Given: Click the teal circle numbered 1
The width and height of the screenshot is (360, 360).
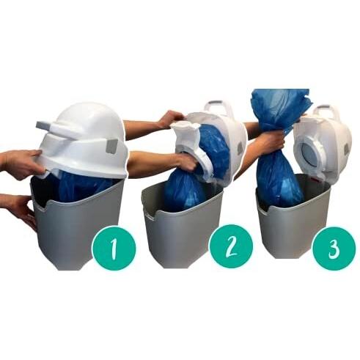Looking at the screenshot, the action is [114, 248].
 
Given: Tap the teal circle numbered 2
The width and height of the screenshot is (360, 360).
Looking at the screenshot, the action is [232, 246].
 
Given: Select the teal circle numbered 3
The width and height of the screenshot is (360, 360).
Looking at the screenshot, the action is [334, 249].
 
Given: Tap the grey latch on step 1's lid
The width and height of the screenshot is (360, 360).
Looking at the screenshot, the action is [111, 146].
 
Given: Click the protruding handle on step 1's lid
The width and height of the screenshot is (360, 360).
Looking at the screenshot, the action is [53, 127].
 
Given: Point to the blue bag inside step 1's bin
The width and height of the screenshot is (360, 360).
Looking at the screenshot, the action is [83, 185].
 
